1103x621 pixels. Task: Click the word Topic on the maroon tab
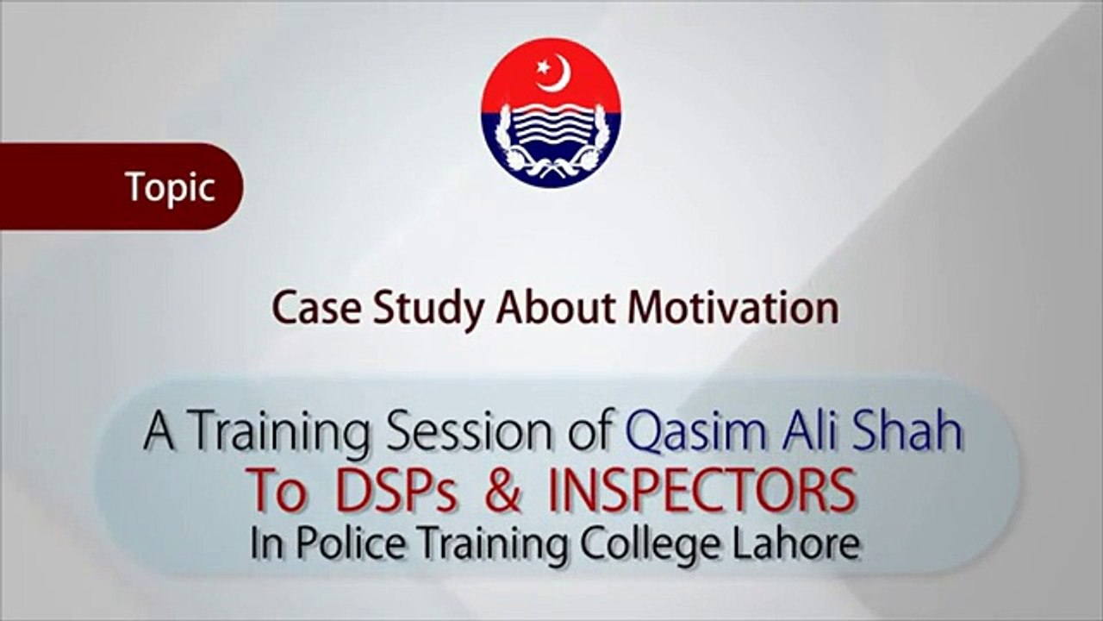pyautogui.click(x=170, y=187)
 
